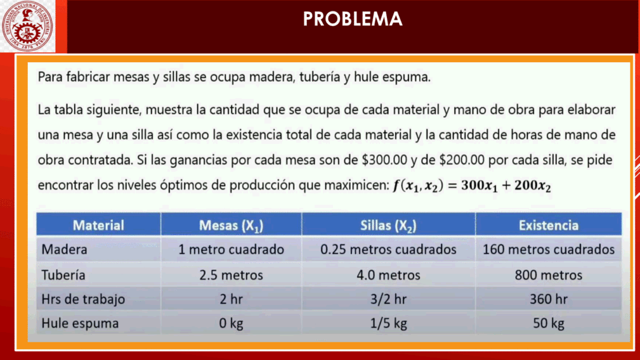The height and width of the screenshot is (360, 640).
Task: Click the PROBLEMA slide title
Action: [353, 19]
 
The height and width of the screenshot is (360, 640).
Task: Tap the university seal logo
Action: [27, 26]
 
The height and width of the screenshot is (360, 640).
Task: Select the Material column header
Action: [98, 225]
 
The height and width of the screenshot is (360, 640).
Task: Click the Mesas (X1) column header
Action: [231, 226]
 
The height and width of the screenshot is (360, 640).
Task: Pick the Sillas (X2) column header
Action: [388, 226]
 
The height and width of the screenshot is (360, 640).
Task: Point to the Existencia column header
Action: [549, 225]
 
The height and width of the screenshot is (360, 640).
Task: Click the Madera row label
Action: [64, 249]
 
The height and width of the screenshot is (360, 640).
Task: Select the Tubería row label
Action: [63, 275]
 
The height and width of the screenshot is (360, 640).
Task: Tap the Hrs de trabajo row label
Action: [83, 299]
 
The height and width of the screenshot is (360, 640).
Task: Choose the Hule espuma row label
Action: [80, 323]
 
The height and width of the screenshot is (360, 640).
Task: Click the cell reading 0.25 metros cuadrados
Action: [388, 249]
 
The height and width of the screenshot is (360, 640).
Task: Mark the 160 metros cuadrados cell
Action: [549, 249]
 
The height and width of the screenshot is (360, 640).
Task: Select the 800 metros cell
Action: [549, 275]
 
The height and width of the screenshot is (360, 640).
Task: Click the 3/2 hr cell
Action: [388, 299]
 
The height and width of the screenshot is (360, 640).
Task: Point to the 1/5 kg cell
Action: [388, 323]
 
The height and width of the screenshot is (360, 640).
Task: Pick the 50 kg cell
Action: [549, 323]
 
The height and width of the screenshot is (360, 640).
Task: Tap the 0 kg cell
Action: [231, 323]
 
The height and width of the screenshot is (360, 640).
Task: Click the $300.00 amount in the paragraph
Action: [384, 160]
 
